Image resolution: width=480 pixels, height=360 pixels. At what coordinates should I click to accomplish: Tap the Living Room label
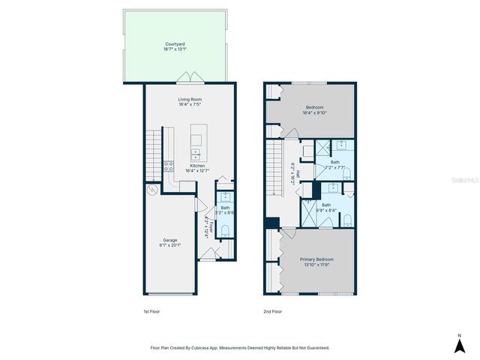190,99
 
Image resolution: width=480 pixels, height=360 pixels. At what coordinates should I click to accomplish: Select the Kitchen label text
197,166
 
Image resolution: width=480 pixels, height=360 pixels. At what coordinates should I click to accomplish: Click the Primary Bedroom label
316,259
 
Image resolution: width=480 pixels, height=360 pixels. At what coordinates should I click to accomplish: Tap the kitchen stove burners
169,166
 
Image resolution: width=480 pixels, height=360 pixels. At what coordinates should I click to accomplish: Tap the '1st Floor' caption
151,311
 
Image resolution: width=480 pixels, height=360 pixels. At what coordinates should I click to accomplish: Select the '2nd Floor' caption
272,311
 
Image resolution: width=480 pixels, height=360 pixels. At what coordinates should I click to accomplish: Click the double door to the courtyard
190,77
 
